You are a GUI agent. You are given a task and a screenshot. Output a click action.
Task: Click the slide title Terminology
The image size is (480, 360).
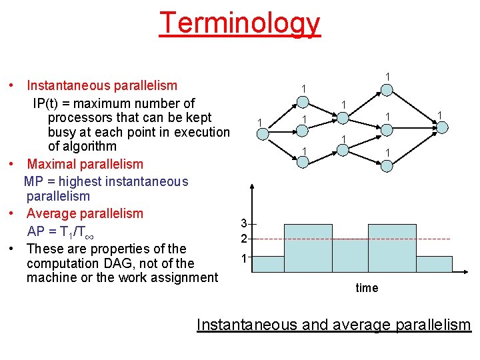(x=240, y=23)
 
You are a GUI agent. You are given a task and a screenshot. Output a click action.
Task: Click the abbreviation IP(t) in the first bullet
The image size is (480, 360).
(x=49, y=103)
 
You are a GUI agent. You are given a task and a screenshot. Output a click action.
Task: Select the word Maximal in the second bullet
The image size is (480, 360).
(x=51, y=164)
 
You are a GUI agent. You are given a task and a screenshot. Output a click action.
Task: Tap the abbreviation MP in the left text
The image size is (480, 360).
(x=33, y=181)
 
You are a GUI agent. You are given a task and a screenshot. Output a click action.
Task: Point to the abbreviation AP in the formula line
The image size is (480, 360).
(x=36, y=231)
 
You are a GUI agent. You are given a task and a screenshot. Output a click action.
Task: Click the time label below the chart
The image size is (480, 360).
(x=367, y=288)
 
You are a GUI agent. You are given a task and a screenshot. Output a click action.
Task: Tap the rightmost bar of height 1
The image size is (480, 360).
(x=432, y=264)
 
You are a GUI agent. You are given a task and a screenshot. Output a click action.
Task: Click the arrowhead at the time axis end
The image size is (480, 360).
(x=467, y=272)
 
